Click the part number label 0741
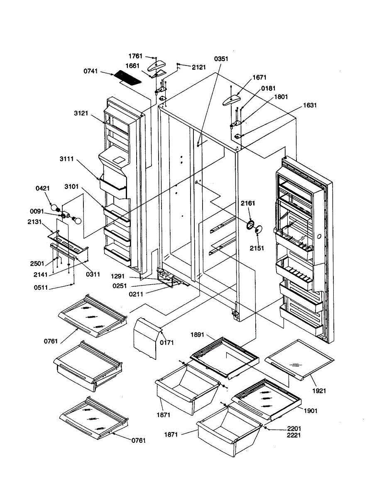(x=90, y=71)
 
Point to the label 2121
(x=199, y=67)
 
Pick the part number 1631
(x=310, y=105)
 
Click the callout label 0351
(x=221, y=59)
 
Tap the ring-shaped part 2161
(x=250, y=225)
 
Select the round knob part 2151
(x=259, y=229)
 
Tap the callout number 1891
(x=198, y=334)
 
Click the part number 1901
(x=311, y=411)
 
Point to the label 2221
(x=294, y=435)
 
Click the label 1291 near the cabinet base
(x=118, y=276)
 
